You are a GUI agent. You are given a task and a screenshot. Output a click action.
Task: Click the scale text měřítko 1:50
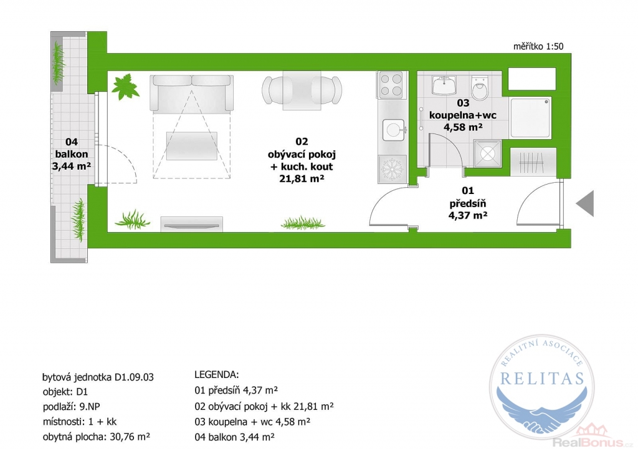click(538, 46)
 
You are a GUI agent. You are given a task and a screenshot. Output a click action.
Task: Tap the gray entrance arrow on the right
click(586, 203)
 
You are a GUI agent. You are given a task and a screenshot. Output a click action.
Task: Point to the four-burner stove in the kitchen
click(391, 85)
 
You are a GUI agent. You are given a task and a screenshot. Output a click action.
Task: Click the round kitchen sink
click(393, 130)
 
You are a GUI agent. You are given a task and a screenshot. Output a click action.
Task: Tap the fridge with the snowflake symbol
click(392, 168)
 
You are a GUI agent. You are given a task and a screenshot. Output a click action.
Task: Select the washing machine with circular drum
click(487, 153)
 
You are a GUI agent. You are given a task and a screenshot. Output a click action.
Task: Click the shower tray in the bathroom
click(531, 118)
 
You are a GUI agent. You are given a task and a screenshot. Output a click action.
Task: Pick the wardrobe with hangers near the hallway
click(533, 162)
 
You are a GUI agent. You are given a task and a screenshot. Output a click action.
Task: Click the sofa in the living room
click(192, 93)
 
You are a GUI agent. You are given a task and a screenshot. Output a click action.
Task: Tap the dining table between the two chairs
click(302, 90)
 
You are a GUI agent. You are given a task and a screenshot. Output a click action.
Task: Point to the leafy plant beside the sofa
click(125, 86)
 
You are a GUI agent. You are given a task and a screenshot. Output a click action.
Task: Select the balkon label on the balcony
click(72, 154)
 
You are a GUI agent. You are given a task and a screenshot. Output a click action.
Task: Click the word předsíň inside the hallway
click(468, 203)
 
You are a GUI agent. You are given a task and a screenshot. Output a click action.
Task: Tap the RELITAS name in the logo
click(542, 379)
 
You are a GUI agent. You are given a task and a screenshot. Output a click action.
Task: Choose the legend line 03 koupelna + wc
click(253, 422)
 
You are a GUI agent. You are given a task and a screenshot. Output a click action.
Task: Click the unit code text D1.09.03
click(135, 377)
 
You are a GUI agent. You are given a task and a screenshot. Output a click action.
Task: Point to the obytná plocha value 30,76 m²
click(130, 437)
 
